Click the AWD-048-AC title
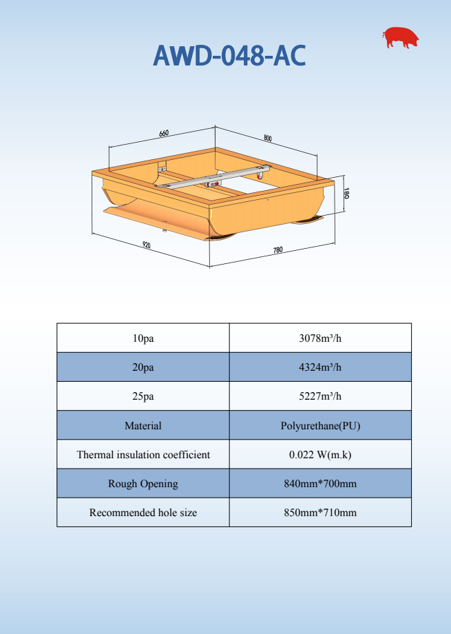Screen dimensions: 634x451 [x=229, y=56]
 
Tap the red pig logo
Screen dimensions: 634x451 [x=402, y=38]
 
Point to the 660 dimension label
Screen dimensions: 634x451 [x=164, y=133]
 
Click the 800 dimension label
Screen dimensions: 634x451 [x=267, y=138]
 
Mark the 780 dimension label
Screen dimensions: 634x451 [x=277, y=250]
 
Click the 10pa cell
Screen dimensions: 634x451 [x=143, y=338]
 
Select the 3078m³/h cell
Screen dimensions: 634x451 [x=320, y=338]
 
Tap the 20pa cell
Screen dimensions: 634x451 [x=143, y=367]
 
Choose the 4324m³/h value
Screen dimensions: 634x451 [x=320, y=367]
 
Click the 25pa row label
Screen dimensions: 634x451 [x=143, y=396]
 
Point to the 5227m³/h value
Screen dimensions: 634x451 [x=320, y=396]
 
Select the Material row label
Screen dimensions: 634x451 [x=143, y=426]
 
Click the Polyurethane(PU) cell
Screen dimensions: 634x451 [x=320, y=426]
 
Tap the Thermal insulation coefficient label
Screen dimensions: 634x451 [x=143, y=455]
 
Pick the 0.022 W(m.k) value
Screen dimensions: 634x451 [x=320, y=455]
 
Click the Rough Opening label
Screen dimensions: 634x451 [x=143, y=484]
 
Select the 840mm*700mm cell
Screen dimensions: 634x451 [x=320, y=484]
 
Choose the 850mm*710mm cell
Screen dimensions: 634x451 [x=320, y=513]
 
